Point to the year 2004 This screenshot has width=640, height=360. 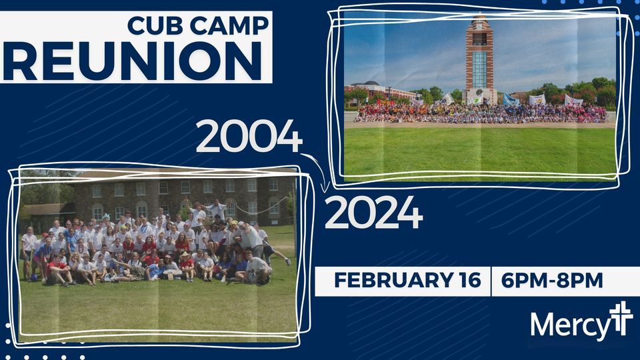click(248, 138)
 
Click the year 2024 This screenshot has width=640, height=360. click(373, 214)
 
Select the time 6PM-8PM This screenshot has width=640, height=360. click(554, 281)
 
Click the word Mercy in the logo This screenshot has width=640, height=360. click(570, 325)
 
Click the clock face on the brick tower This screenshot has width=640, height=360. click(479, 29)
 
